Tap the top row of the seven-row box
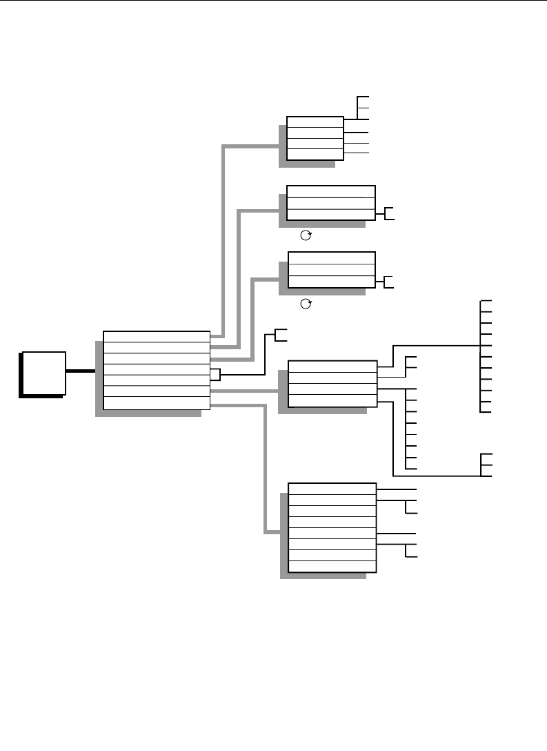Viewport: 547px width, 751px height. point(156,336)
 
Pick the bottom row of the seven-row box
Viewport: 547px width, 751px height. point(156,403)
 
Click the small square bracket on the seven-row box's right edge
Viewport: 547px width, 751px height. point(215,375)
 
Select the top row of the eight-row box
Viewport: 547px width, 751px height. point(331,489)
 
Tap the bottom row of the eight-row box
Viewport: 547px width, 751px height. point(331,567)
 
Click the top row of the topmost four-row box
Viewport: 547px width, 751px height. point(315,122)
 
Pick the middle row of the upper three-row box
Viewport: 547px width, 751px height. point(331,203)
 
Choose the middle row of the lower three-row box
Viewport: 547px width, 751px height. point(331,270)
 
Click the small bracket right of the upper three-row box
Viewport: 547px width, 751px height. point(389,213)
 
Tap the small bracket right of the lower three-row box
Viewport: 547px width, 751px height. point(389,281)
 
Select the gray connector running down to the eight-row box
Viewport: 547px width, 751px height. point(265,469)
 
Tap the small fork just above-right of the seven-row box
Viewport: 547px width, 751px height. point(280,335)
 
